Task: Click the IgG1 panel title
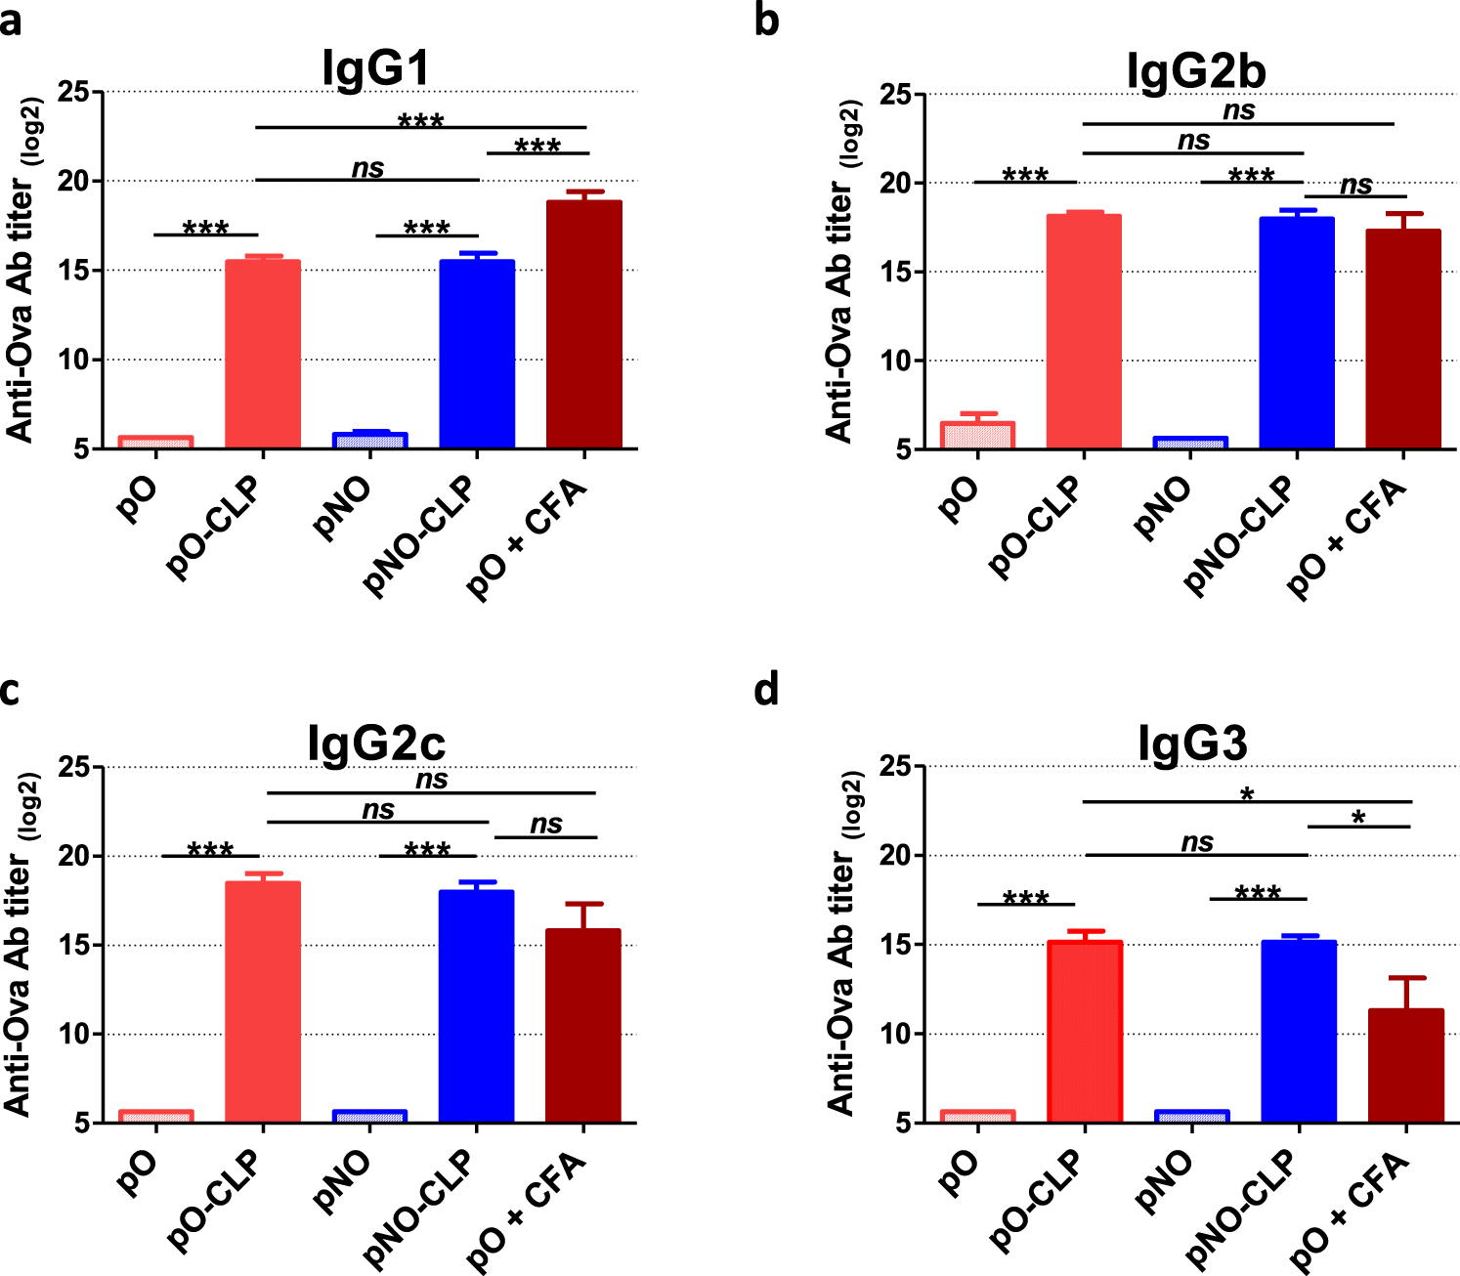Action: point(376,68)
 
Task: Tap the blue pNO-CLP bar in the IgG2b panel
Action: point(1297,332)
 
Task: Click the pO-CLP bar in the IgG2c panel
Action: point(263,1001)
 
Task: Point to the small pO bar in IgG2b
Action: point(977,436)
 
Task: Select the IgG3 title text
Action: point(1193,744)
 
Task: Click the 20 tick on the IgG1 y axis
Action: point(74,181)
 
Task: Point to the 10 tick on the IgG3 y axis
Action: point(896,1034)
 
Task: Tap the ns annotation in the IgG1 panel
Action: point(367,168)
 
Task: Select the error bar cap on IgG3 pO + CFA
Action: point(1405,978)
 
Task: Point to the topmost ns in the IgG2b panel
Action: point(1238,110)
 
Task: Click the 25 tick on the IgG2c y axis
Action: point(74,767)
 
